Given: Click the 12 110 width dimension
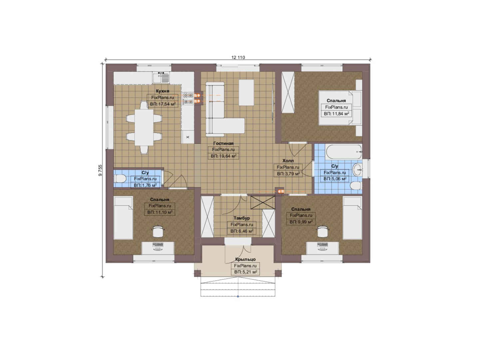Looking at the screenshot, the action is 238,57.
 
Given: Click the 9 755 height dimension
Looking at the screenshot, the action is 100,170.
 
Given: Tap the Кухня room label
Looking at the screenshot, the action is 163,91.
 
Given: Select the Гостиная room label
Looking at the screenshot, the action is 224,143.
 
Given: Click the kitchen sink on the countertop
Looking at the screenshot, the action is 161,78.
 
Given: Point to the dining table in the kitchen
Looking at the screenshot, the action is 144,127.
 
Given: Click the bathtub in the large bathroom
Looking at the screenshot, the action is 344,152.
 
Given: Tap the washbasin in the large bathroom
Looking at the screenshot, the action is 357,170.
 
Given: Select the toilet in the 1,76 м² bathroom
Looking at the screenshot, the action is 120,179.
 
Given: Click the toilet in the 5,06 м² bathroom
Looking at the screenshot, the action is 356,186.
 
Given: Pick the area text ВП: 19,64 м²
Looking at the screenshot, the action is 224,156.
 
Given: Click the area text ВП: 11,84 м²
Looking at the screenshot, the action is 336,114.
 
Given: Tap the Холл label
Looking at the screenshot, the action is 288,161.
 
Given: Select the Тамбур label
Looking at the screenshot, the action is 242,218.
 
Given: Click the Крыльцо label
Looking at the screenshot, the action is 245,259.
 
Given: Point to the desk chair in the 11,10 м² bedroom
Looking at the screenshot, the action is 158,231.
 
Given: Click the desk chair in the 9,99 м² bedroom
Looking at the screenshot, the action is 322,231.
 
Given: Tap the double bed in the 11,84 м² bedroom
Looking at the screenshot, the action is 340,108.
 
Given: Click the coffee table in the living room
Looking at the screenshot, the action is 246,92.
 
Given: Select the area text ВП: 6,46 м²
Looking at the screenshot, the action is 242,231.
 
